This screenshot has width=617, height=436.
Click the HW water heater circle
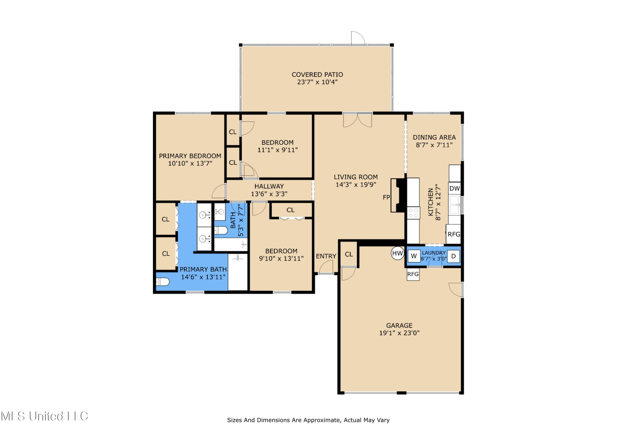[x=397, y=253]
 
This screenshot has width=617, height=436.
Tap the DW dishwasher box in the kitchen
[x=454, y=188]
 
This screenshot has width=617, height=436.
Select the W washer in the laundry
[x=414, y=256]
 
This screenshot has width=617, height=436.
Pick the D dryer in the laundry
[x=453, y=256]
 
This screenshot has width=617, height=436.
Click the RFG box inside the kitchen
[x=454, y=234]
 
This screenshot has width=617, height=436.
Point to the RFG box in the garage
[x=413, y=274]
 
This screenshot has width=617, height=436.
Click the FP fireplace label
[x=386, y=198]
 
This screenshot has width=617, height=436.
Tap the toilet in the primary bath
[x=163, y=282]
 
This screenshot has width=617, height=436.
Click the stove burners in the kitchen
[x=413, y=213]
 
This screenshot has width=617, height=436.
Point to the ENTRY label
[x=326, y=256]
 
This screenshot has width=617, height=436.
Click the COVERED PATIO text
[x=317, y=75]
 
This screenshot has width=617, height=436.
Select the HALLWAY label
[x=269, y=186]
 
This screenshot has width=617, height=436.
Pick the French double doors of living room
[x=357, y=120]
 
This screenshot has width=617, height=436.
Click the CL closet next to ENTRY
[x=349, y=254]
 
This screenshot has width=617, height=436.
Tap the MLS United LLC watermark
[x=44, y=416]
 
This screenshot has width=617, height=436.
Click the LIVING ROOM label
[x=356, y=177]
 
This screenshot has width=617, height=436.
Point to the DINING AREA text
[x=434, y=138]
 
